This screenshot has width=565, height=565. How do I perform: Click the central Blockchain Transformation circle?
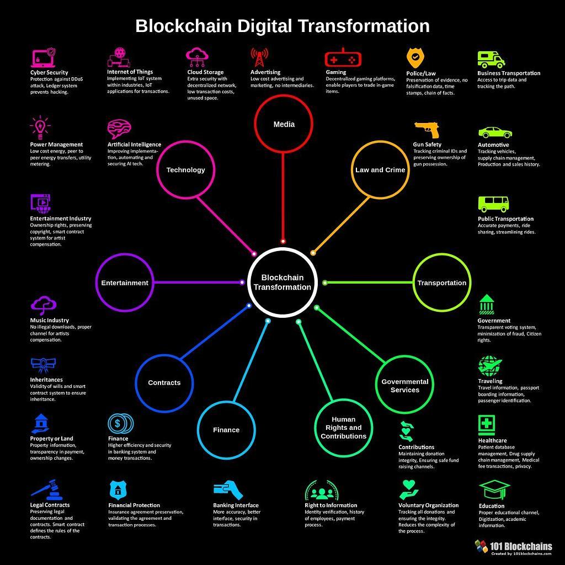point(282,282)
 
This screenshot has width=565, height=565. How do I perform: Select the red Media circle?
point(284,124)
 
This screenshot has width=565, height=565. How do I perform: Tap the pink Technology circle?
point(185,170)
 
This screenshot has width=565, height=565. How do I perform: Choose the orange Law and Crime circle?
point(380,170)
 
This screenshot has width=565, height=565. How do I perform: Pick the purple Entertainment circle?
point(125,282)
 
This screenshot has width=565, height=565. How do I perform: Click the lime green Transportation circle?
point(441,282)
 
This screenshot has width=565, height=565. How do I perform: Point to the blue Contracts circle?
point(164,382)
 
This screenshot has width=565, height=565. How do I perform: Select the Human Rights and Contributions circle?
point(343,428)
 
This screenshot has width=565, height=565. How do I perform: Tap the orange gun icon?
point(427,129)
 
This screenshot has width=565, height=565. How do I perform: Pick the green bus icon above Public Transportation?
point(493,204)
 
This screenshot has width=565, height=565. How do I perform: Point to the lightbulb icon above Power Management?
point(40,127)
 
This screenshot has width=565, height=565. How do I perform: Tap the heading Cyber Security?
point(49,72)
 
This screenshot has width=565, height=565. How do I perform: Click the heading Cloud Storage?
point(205,72)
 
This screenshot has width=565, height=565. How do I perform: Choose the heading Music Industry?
point(49,320)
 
